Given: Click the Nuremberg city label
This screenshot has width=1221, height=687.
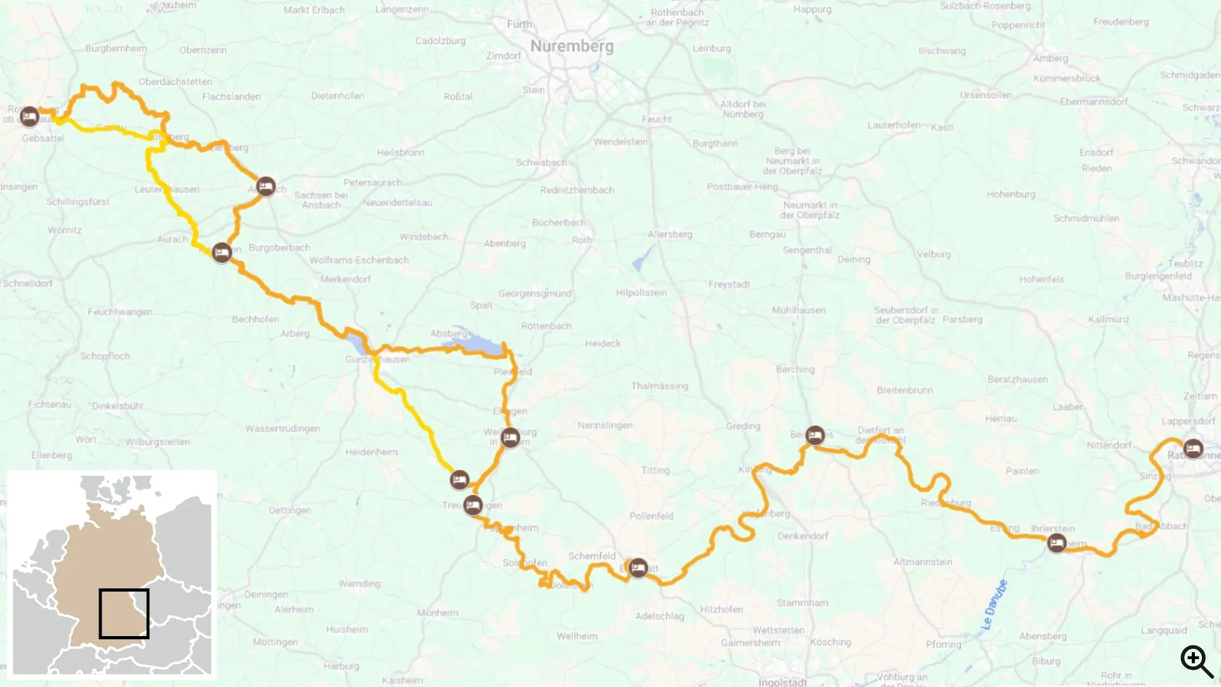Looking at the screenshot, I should [572, 46].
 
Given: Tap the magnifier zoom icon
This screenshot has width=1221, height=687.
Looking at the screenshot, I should [1196, 662].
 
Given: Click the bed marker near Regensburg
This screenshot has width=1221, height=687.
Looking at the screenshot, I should [1193, 448].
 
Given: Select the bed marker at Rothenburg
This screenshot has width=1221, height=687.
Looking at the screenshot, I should [29, 117].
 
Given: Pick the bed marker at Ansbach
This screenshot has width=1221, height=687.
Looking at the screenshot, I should [266, 186].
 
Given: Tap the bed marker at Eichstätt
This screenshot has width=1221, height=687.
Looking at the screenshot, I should [638, 567].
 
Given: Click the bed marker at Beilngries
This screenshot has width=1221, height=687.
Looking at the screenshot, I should [815, 435].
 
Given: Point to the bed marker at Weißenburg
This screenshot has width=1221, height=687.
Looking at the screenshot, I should [510, 438].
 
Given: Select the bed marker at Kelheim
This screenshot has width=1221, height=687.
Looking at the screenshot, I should [1056, 543].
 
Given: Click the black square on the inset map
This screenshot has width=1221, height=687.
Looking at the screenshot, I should [124, 614].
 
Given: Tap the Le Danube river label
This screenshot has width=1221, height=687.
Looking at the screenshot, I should [994, 605].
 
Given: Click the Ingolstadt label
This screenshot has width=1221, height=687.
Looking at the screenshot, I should [782, 682].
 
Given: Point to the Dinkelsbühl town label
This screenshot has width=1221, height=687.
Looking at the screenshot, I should [118, 406].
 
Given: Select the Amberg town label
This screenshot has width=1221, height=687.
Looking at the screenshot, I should [1051, 59].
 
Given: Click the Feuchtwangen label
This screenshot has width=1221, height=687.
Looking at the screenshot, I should [120, 312].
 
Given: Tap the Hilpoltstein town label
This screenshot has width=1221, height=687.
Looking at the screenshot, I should [641, 293].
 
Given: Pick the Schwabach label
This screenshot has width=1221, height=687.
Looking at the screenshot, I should [541, 162].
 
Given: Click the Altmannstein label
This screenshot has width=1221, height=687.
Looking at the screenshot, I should [923, 562].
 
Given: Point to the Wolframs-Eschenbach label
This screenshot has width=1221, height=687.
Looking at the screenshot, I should [359, 260].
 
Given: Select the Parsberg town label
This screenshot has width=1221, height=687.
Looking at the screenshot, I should [962, 319].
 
